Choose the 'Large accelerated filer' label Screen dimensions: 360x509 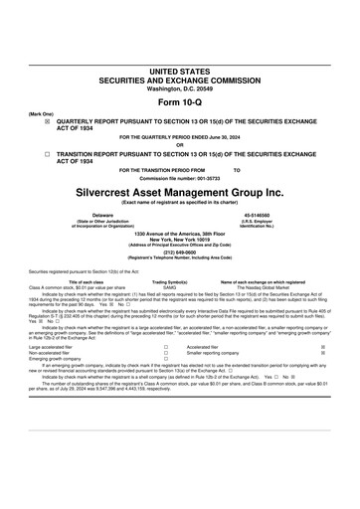52,347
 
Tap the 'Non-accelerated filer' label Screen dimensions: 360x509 50,353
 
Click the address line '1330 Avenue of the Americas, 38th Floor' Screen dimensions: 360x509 179,233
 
